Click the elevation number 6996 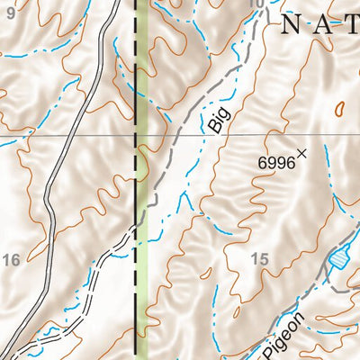point(276,161)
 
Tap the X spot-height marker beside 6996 point(302,154)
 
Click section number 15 point(260,259)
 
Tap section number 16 point(11,260)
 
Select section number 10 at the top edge point(257,4)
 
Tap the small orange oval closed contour point(340,108)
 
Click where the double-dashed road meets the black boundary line point(136,229)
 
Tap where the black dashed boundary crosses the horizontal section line point(136,136)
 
